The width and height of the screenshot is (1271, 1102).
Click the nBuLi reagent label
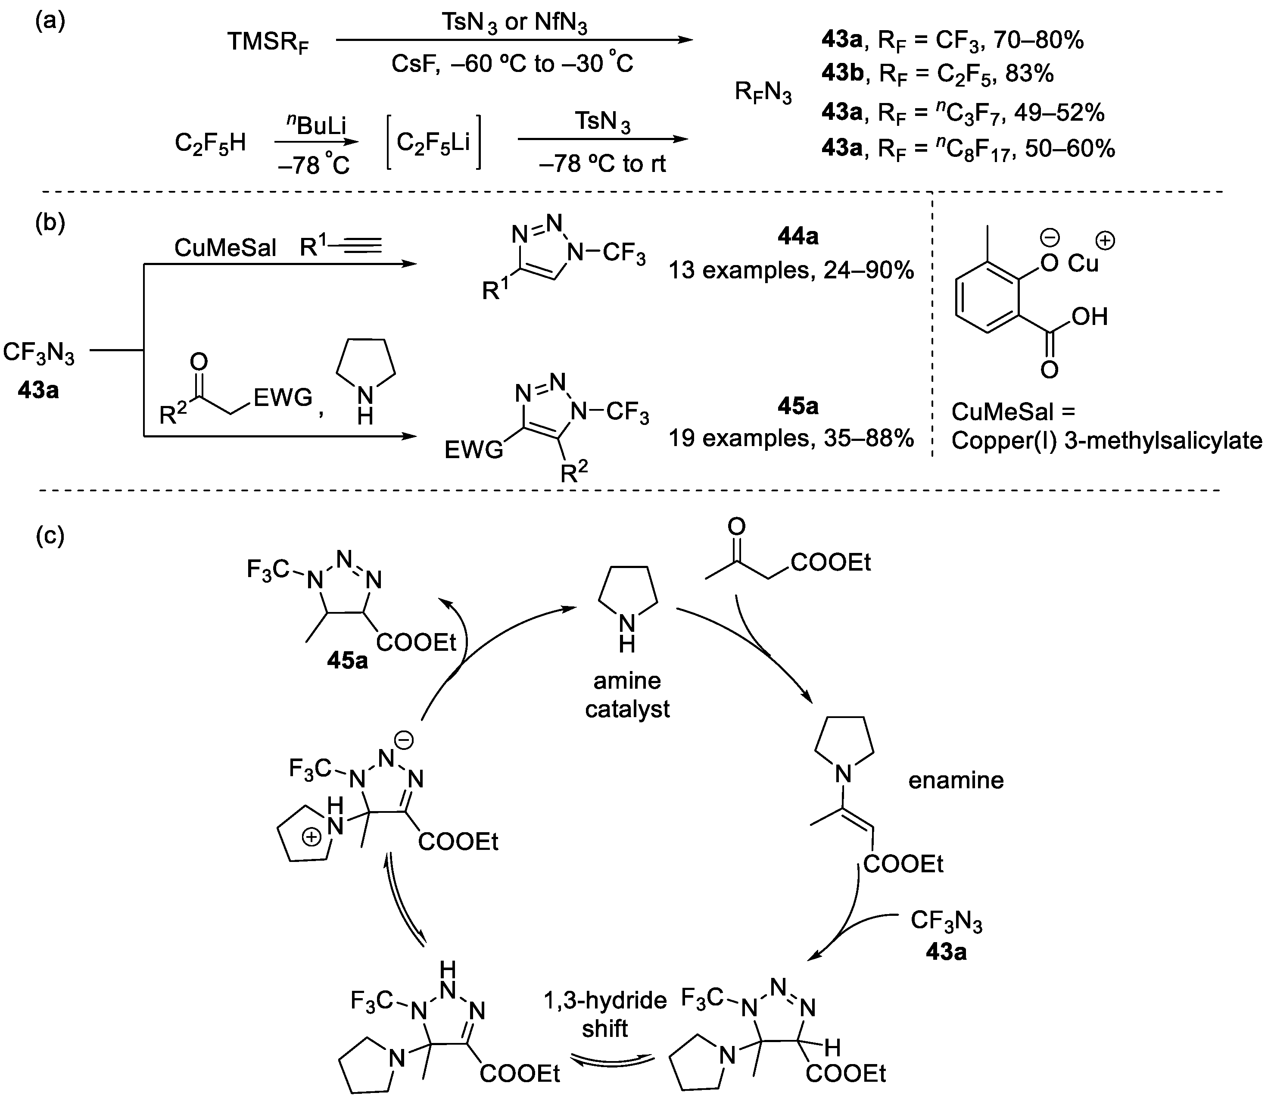coord(316,125)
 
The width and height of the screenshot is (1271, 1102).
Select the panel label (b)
coord(50,222)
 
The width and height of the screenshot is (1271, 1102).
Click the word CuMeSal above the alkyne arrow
coord(225,248)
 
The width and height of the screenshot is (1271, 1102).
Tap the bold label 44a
coord(797,236)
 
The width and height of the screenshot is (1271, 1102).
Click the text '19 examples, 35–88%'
coord(791,438)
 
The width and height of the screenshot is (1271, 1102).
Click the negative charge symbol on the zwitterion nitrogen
coord(403,740)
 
